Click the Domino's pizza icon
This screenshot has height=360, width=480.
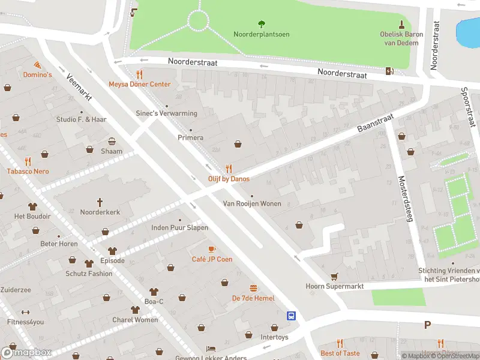[x=38, y=64]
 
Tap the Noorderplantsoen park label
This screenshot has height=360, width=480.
[x=261, y=34]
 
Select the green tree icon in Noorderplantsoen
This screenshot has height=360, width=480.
[x=261, y=24]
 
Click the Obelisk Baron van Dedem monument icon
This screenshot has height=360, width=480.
[x=401, y=24]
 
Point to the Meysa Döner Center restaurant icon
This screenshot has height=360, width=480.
[x=139, y=74]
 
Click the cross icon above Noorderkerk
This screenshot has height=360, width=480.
[x=100, y=202]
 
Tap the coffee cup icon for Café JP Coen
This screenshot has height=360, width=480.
[x=212, y=249]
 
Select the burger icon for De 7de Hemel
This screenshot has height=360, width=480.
[x=253, y=288]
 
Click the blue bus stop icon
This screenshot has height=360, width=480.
[x=291, y=316]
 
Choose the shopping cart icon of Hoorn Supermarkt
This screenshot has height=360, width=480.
[x=334, y=277]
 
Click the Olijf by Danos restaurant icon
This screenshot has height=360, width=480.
[x=228, y=169]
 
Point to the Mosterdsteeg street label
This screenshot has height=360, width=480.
[x=405, y=199]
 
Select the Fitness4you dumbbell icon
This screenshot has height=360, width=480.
[x=25, y=312]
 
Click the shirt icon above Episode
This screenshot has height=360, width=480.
[x=112, y=251]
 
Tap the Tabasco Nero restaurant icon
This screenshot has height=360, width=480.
[x=28, y=161]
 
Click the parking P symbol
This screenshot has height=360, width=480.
[x=427, y=325]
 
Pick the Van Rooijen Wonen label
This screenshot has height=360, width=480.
[x=252, y=204]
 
